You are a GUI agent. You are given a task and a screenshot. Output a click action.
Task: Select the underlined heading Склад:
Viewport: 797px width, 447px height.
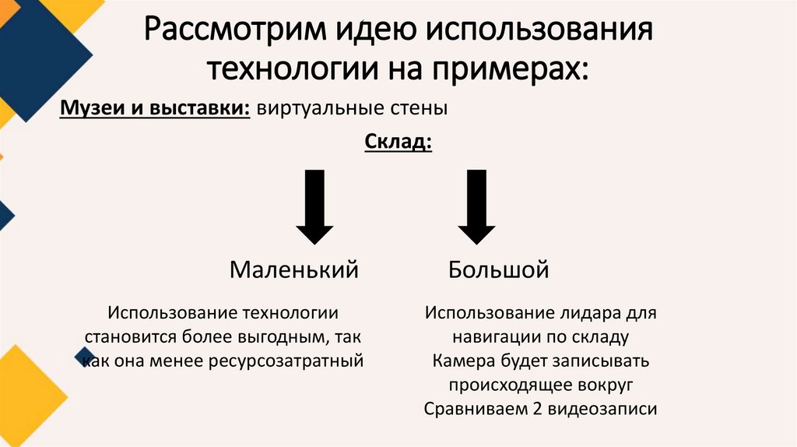pos(397,143)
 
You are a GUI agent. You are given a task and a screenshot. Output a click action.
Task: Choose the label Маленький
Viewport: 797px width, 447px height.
pos(293,270)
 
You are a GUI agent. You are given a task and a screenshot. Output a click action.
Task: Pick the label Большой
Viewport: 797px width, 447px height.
pos(498,270)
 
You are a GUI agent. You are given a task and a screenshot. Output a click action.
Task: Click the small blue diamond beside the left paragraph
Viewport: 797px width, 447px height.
pos(85,357)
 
